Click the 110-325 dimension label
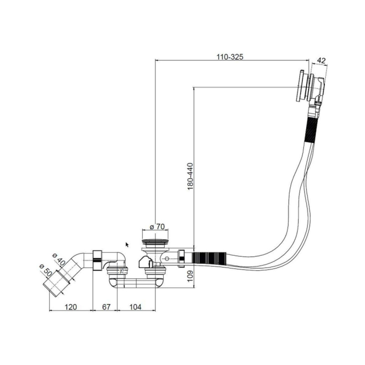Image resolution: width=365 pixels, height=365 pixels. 230,57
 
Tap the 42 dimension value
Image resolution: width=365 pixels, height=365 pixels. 321,61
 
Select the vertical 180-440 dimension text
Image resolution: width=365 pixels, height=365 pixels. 190,176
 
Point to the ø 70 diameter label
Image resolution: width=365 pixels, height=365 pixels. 157,226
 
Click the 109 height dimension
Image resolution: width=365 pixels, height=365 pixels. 190,276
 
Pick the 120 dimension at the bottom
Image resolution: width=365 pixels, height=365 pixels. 71,307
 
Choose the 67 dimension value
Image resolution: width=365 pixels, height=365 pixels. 106,307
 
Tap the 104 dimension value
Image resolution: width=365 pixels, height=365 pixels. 135,307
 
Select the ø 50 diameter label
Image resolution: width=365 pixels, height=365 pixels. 46,270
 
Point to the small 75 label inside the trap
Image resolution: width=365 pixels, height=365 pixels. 122,271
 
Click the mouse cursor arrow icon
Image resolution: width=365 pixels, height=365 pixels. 127,245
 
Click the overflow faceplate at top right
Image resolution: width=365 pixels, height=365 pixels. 300,85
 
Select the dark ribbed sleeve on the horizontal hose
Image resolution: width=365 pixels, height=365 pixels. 209,259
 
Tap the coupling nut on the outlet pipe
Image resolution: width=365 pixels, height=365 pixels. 98,260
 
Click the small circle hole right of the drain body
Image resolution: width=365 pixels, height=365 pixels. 167,259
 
